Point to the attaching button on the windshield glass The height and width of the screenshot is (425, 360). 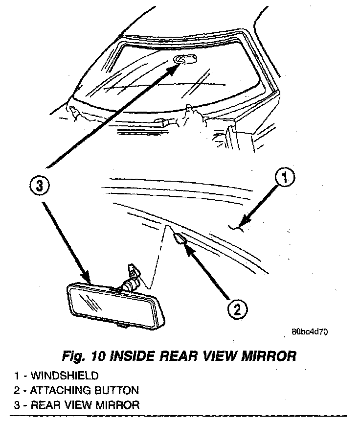coord(179,238)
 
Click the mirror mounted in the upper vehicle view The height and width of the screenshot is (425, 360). coord(185,60)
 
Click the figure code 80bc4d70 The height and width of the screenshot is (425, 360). coord(310,331)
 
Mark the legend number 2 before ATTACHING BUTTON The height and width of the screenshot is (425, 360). coord(17,390)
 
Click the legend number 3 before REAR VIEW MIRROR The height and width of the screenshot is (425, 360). coord(17,405)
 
